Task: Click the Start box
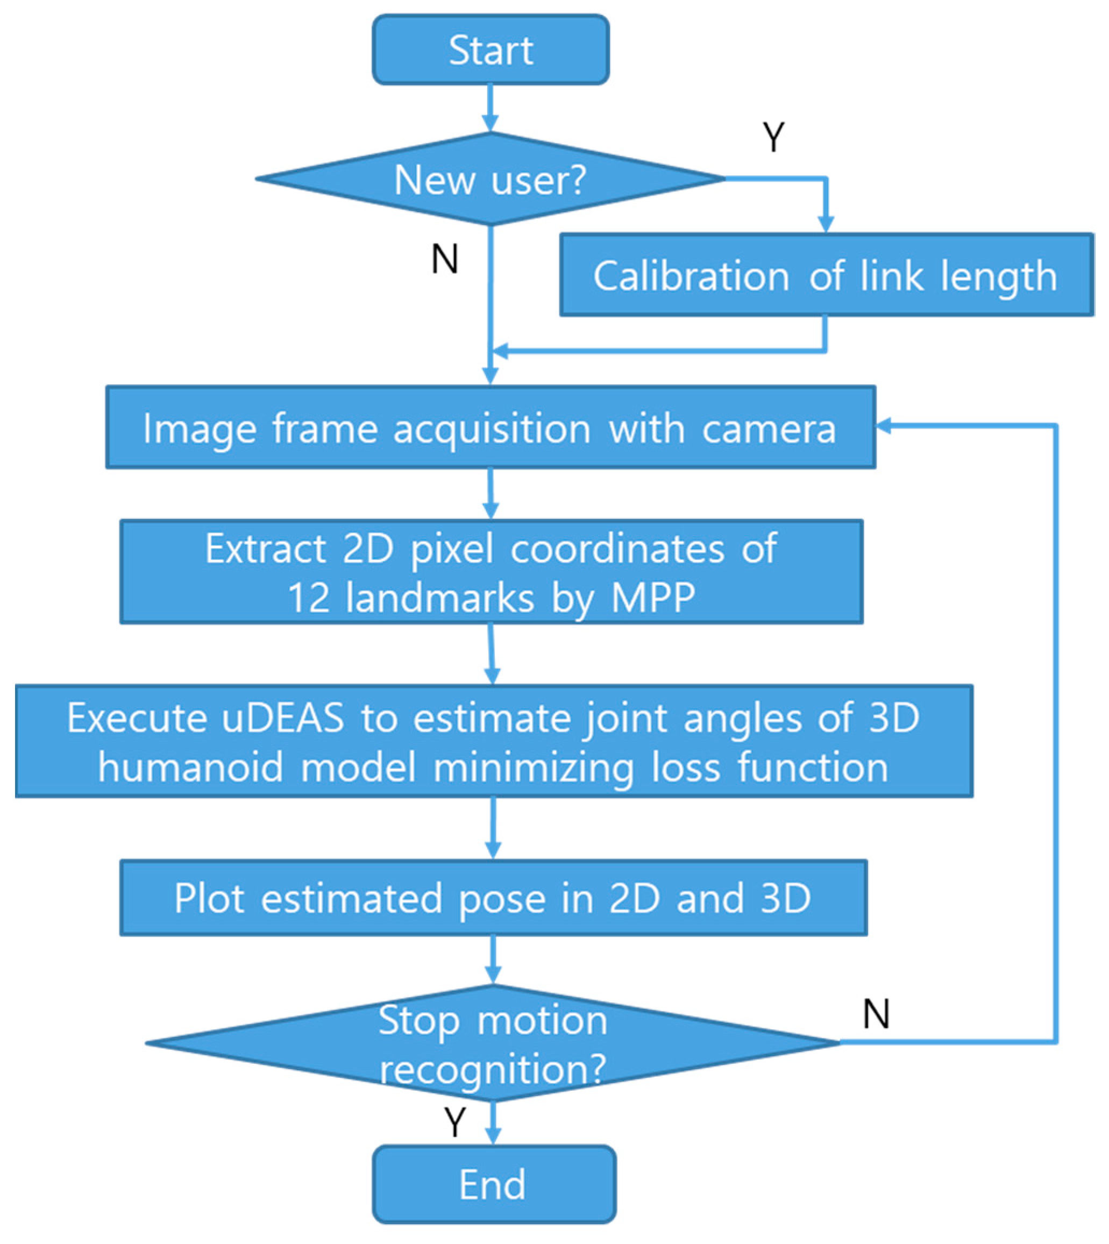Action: (x=490, y=50)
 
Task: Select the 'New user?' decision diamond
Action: (x=490, y=179)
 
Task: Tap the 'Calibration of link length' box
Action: (x=826, y=275)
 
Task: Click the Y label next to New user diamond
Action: (x=773, y=137)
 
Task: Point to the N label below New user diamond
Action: (x=444, y=259)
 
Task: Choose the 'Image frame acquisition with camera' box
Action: (x=490, y=428)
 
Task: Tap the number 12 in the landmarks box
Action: (x=308, y=598)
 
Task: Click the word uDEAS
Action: (x=283, y=717)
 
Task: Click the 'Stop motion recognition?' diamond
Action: (x=494, y=1043)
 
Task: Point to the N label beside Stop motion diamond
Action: (x=876, y=1014)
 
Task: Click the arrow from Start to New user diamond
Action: (x=490, y=109)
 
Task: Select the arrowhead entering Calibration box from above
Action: (x=826, y=224)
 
